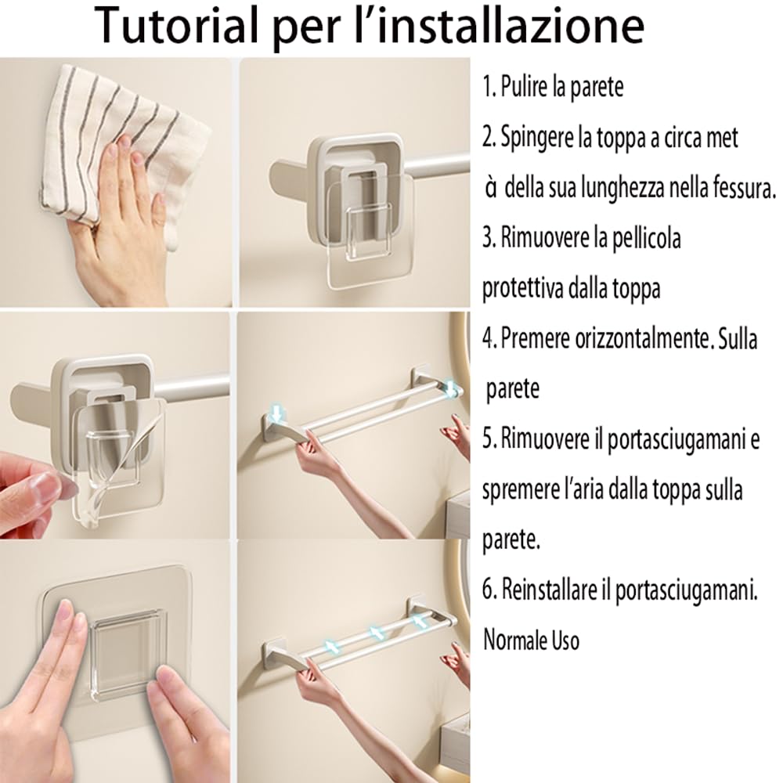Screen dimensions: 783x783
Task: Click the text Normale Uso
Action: point(531,640)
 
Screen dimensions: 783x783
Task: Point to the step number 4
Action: point(489,338)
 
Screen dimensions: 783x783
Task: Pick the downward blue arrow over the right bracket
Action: point(450,388)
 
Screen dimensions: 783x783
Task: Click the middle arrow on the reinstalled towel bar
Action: point(377,633)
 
